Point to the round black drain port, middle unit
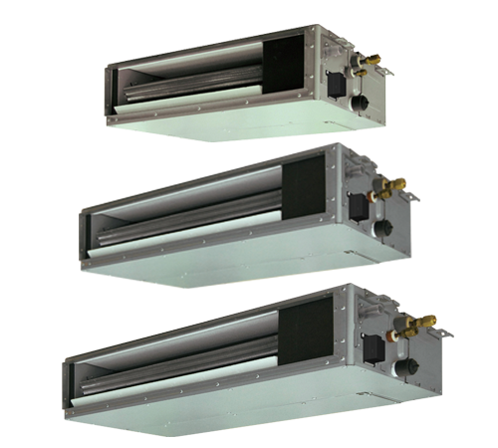tap(380, 232)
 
